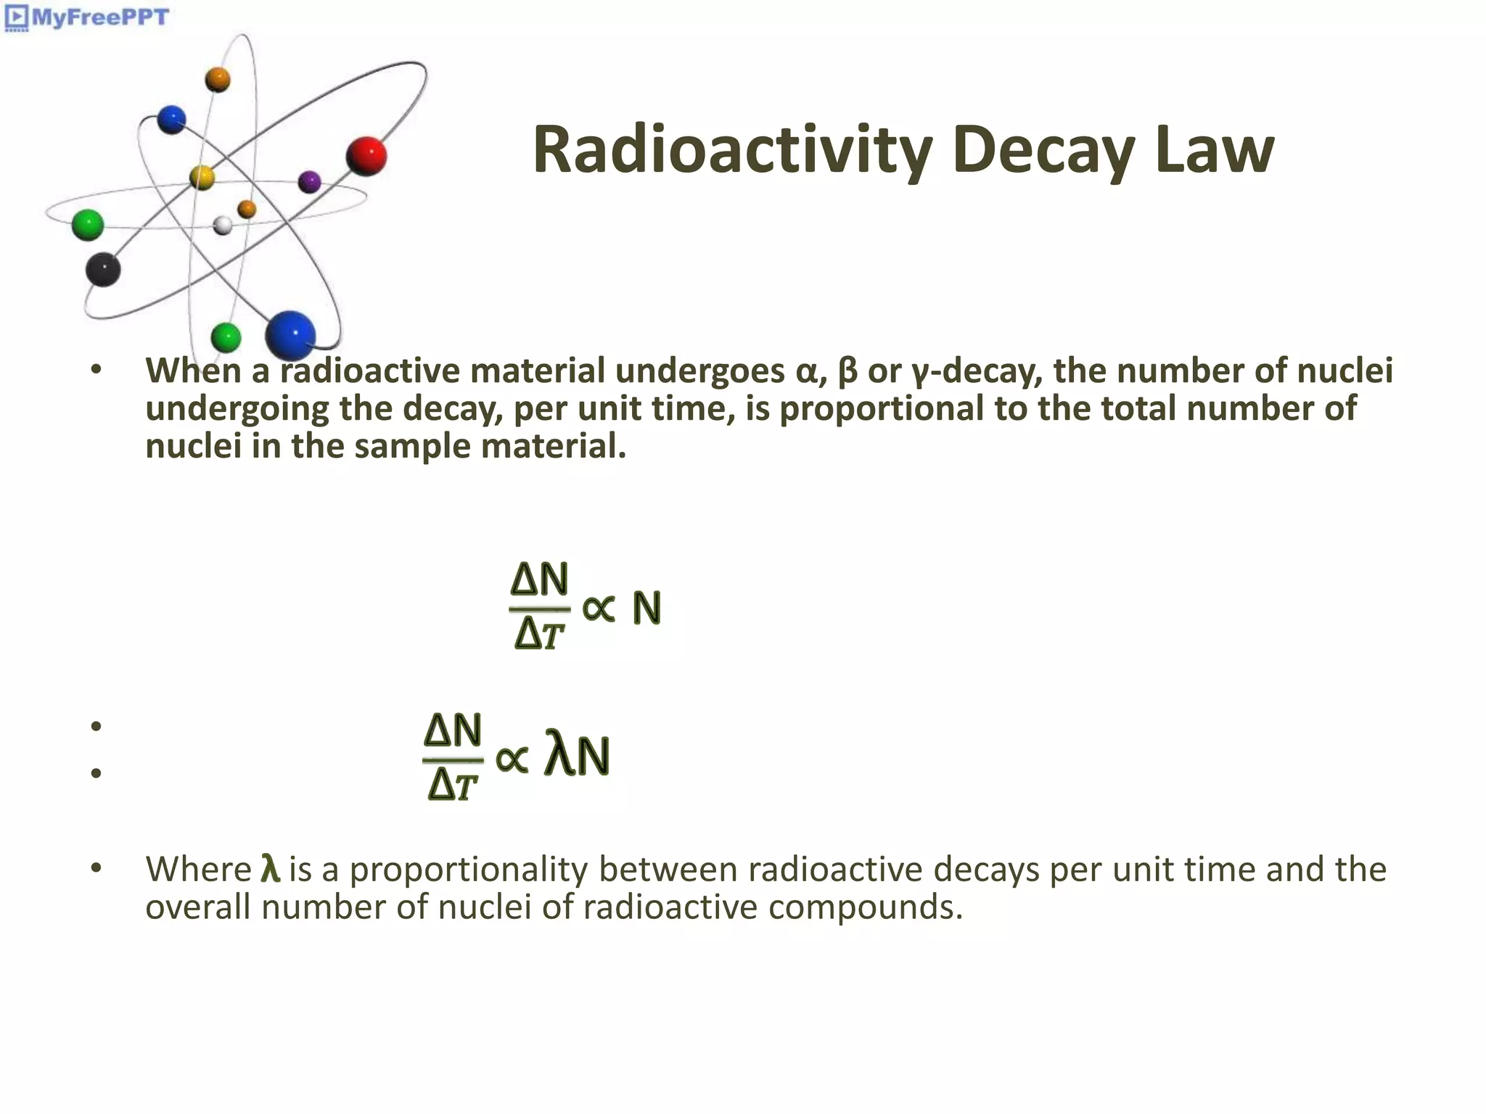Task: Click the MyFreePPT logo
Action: (x=87, y=17)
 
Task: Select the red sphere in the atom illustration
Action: (x=366, y=155)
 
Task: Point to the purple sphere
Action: (x=310, y=181)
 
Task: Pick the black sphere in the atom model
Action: (x=103, y=269)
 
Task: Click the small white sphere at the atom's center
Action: (x=223, y=225)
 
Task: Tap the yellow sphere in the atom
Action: (x=202, y=177)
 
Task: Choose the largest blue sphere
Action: (x=290, y=336)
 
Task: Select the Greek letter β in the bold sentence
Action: (x=847, y=372)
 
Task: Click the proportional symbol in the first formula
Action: (x=599, y=608)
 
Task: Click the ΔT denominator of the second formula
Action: (x=453, y=785)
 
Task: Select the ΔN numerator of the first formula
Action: (x=539, y=579)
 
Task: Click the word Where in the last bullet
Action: (x=198, y=869)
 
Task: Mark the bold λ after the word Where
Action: (x=270, y=869)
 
